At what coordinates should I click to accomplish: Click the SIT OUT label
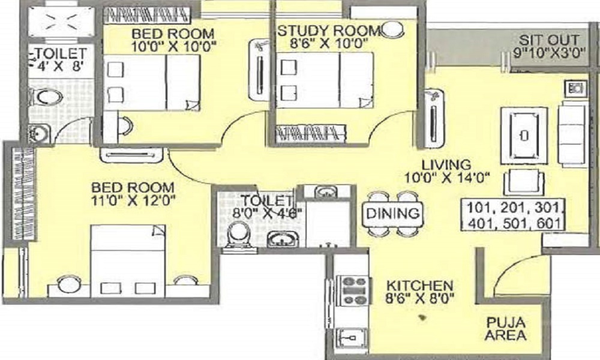point(548,40)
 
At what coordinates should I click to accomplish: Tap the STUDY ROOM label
point(328,31)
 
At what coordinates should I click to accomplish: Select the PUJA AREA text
point(505,329)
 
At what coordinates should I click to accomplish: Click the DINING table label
point(392,213)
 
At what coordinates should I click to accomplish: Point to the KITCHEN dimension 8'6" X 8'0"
point(420,298)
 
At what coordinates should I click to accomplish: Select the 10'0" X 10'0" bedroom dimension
point(174,47)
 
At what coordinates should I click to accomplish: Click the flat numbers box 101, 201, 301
point(513,215)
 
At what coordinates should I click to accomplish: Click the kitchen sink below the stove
point(350,337)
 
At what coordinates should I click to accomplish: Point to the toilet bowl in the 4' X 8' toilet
point(47,97)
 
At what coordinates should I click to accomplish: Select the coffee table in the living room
point(524,135)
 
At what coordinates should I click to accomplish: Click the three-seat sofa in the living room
point(572,134)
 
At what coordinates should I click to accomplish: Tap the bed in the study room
point(325,80)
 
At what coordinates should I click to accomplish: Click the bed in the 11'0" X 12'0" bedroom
point(128,261)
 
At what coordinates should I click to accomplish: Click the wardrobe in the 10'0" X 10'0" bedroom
point(148,15)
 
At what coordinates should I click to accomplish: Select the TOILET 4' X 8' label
point(61,59)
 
